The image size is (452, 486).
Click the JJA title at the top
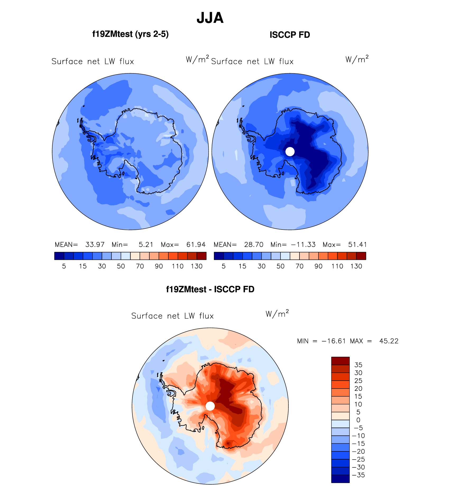click(x=210, y=18)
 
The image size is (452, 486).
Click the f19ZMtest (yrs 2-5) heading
click(x=130, y=34)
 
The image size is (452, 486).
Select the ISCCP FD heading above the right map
click(x=290, y=35)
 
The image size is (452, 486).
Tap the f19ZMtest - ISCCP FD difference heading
click(x=210, y=289)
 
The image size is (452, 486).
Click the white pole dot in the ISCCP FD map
click(x=290, y=152)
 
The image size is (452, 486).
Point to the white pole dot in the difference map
click(x=210, y=406)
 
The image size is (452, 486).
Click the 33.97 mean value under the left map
click(x=95, y=245)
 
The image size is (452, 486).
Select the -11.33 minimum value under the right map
click(x=303, y=245)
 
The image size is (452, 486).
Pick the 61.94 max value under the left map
click(x=196, y=245)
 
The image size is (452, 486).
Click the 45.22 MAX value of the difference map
click(x=389, y=341)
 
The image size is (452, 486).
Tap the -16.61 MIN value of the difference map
click(x=334, y=341)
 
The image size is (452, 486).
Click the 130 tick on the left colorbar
click(x=197, y=266)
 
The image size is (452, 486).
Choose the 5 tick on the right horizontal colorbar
click(x=224, y=266)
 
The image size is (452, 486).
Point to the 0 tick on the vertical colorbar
click(x=358, y=420)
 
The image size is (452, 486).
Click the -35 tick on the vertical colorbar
click(x=358, y=475)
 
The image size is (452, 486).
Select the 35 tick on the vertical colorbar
click(x=358, y=365)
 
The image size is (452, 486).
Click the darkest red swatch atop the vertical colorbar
click(x=340, y=361)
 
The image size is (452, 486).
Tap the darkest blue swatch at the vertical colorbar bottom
click(x=340, y=479)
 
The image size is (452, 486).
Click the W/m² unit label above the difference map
click(x=277, y=314)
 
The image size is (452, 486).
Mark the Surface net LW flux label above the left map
click(x=93, y=62)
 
